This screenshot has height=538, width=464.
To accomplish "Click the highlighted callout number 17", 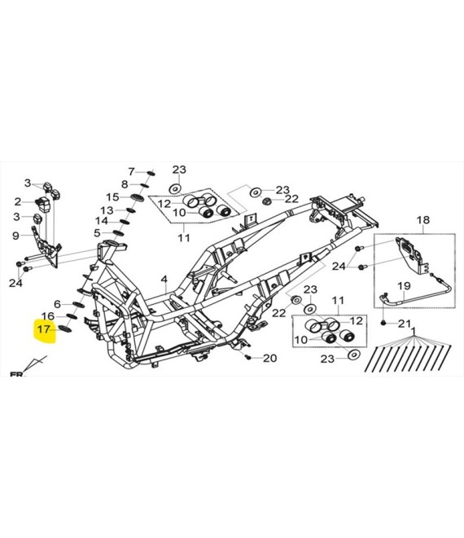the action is [43, 329].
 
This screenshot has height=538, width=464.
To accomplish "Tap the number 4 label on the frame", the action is [164, 280].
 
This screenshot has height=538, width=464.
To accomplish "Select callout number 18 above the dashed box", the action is [423, 219].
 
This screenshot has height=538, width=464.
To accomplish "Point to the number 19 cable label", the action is [404, 285].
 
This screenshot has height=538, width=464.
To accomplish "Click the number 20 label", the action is [269, 358].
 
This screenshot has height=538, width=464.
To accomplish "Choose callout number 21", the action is [405, 324].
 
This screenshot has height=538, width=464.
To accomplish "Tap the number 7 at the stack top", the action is [132, 171].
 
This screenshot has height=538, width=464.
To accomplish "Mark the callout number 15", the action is [112, 197].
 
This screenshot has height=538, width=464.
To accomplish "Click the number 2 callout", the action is [17, 202].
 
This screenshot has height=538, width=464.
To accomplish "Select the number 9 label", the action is [15, 236].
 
